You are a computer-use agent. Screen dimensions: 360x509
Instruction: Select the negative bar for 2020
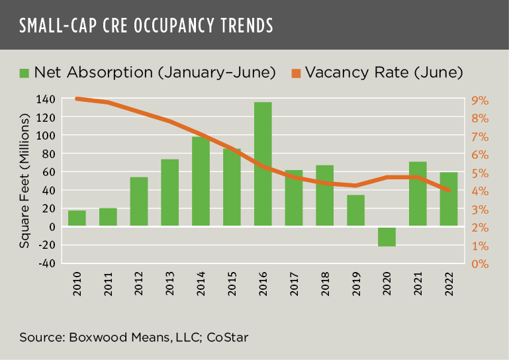pyautogui.click(x=387, y=236)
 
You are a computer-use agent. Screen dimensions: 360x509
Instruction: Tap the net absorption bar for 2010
pyautogui.click(x=77, y=218)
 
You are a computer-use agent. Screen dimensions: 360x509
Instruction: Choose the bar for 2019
pyautogui.click(x=355, y=210)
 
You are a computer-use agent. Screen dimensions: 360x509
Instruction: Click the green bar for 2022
pyautogui.click(x=449, y=199)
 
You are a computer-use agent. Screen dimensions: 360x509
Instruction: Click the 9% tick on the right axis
pyautogui.click(x=480, y=101)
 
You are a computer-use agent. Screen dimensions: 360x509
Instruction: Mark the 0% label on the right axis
pyautogui.click(x=480, y=264)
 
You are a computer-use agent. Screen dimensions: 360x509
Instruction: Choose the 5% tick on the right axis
pyautogui.click(x=480, y=173)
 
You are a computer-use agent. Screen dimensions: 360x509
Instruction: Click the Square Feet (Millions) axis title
pyautogui.click(x=24, y=181)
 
